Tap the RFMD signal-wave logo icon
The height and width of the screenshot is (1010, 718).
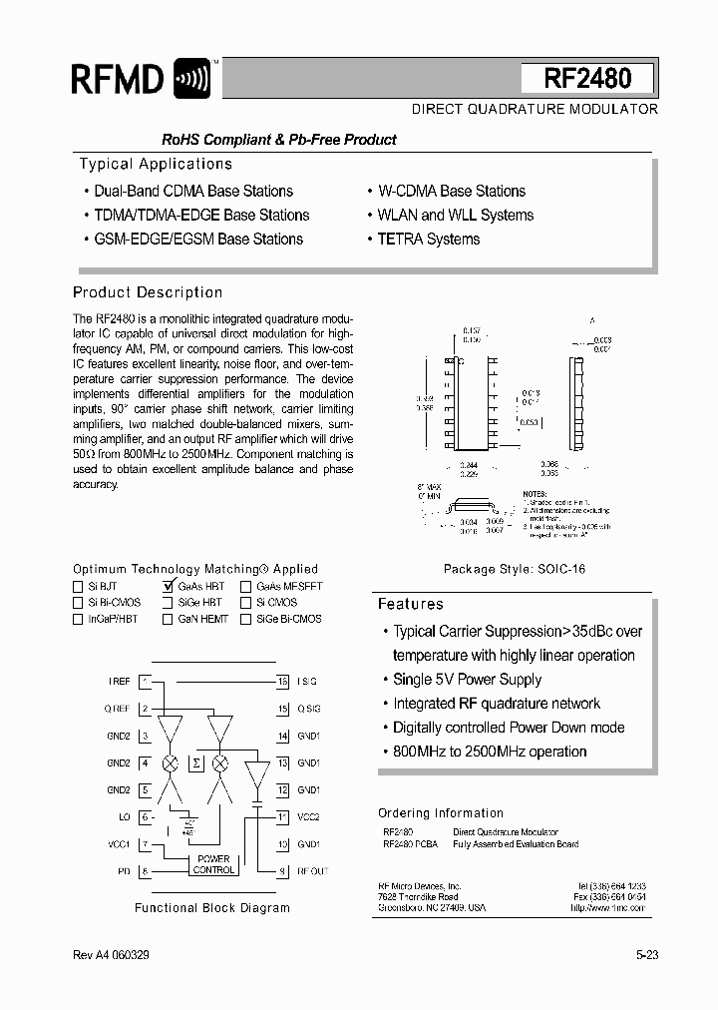click(x=191, y=79)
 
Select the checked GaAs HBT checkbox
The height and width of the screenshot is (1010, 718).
click(x=168, y=587)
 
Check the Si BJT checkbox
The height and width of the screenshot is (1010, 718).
click(x=79, y=587)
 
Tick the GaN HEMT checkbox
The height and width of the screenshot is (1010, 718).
click(x=168, y=619)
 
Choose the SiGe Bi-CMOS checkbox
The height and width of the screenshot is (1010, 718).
click(x=245, y=619)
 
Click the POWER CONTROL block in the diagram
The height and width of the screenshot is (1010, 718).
click(x=212, y=864)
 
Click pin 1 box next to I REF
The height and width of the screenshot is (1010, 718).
click(x=146, y=682)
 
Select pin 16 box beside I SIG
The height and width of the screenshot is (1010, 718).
click(x=283, y=682)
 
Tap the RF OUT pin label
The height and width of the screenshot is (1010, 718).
click(x=312, y=871)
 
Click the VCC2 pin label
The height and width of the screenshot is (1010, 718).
click(x=308, y=817)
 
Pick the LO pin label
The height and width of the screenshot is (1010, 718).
click(x=124, y=817)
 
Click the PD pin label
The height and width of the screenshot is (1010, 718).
click(x=124, y=871)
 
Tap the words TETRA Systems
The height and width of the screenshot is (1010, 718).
click(x=429, y=240)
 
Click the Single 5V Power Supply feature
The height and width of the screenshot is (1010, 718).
click(x=467, y=680)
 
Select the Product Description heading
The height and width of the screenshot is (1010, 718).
click(x=148, y=292)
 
